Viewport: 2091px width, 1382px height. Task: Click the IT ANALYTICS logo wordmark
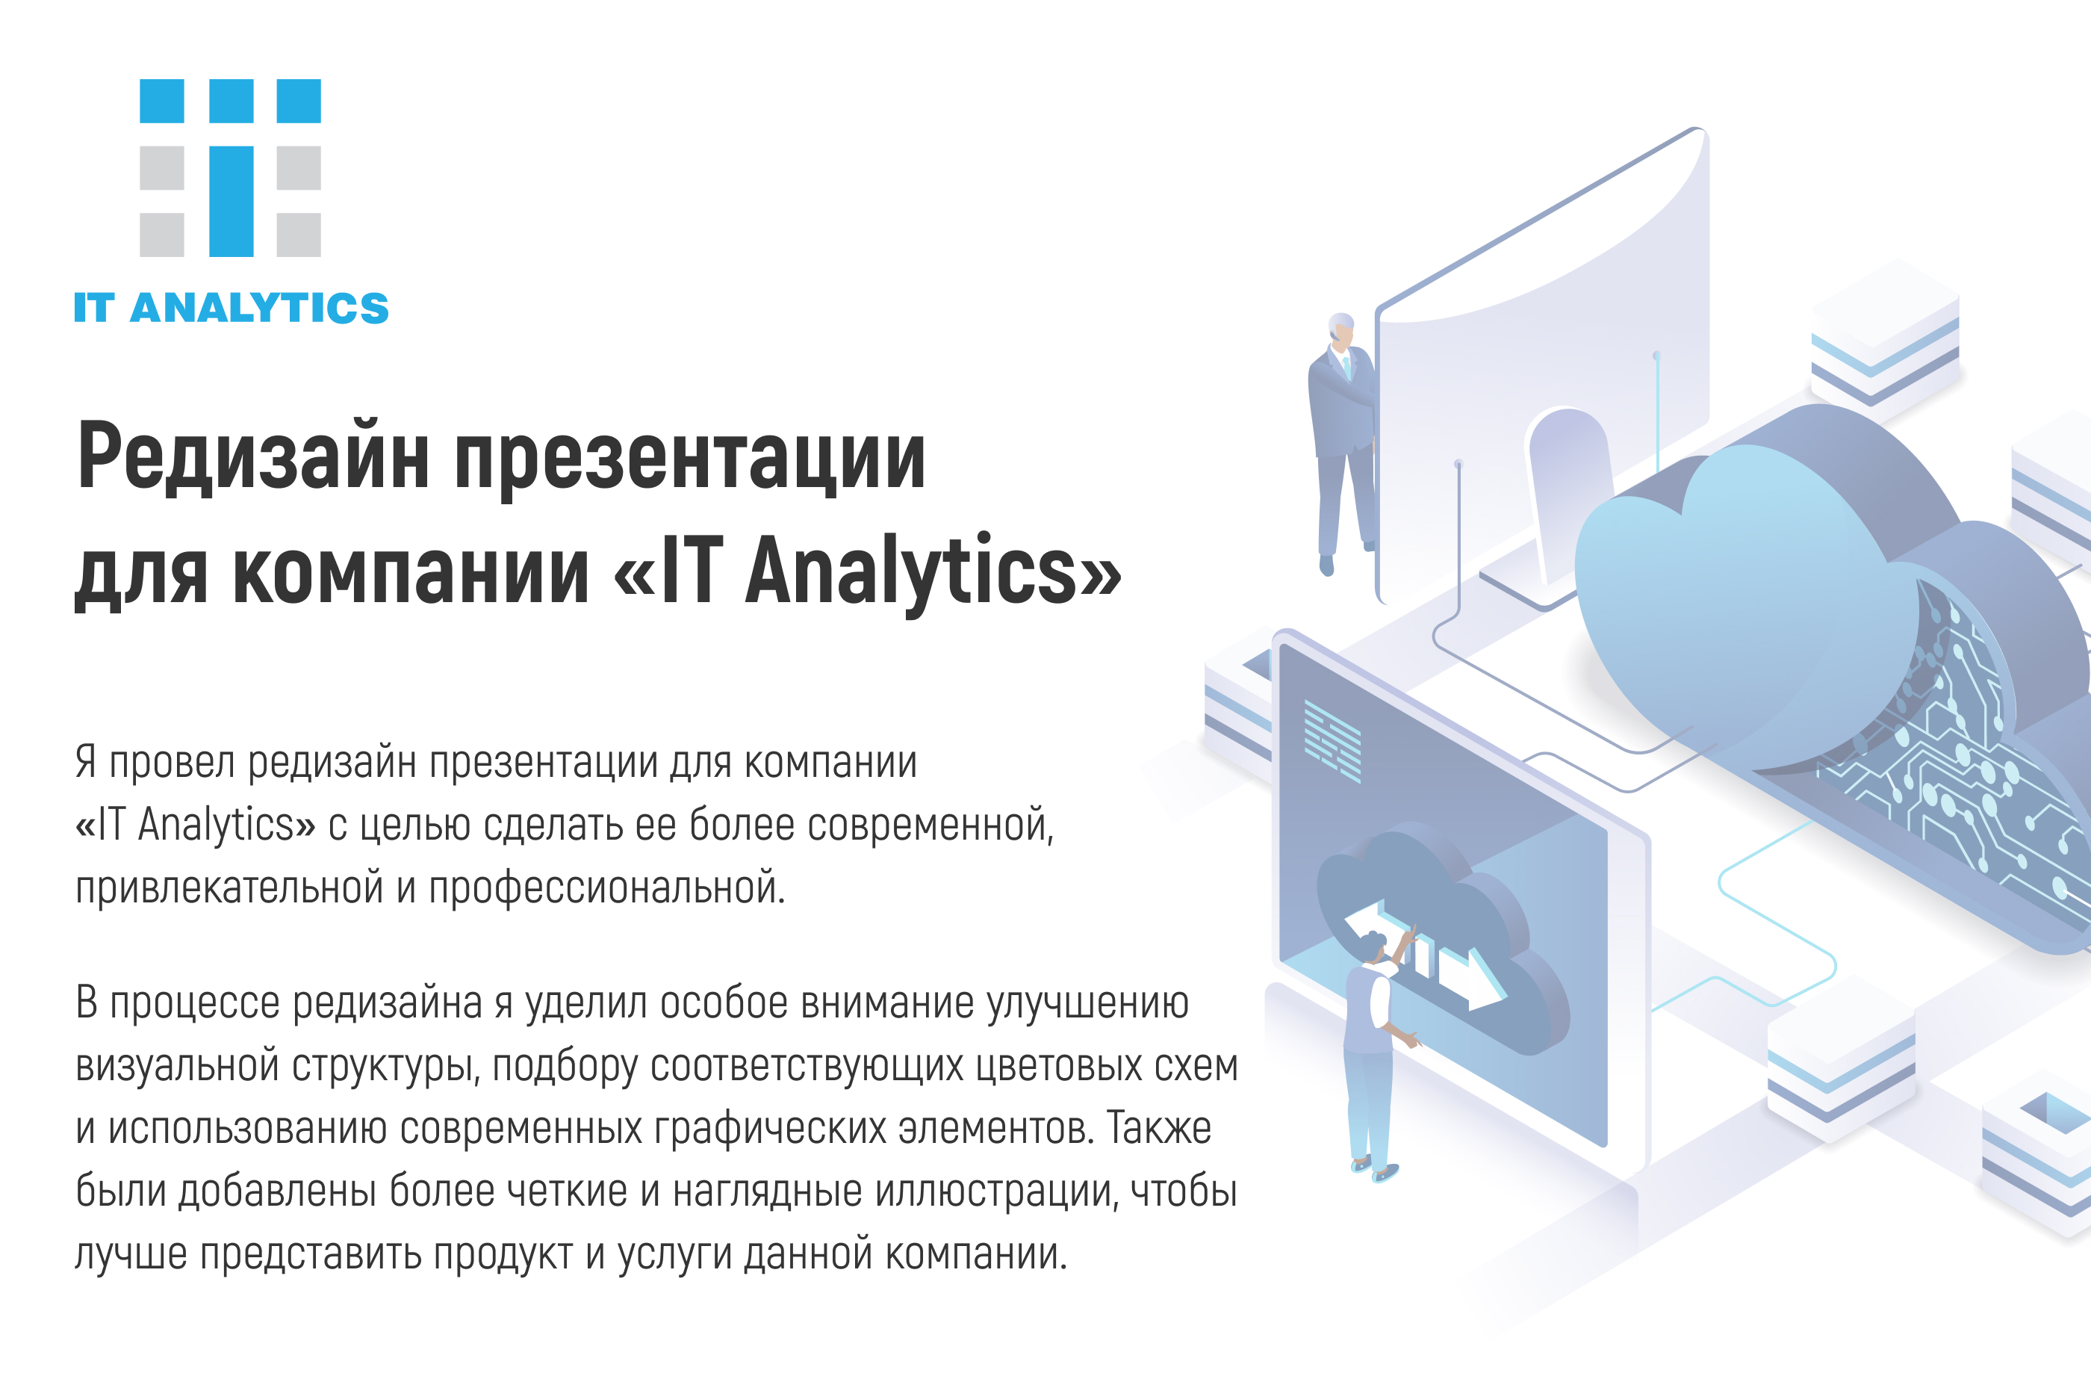pos(231,309)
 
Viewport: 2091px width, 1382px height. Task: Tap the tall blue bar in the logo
pos(231,201)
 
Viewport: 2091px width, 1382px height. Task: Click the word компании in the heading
pos(411,573)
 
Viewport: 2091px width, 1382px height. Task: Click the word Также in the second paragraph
pos(1159,1128)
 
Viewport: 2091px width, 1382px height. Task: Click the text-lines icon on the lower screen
pos(1332,740)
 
